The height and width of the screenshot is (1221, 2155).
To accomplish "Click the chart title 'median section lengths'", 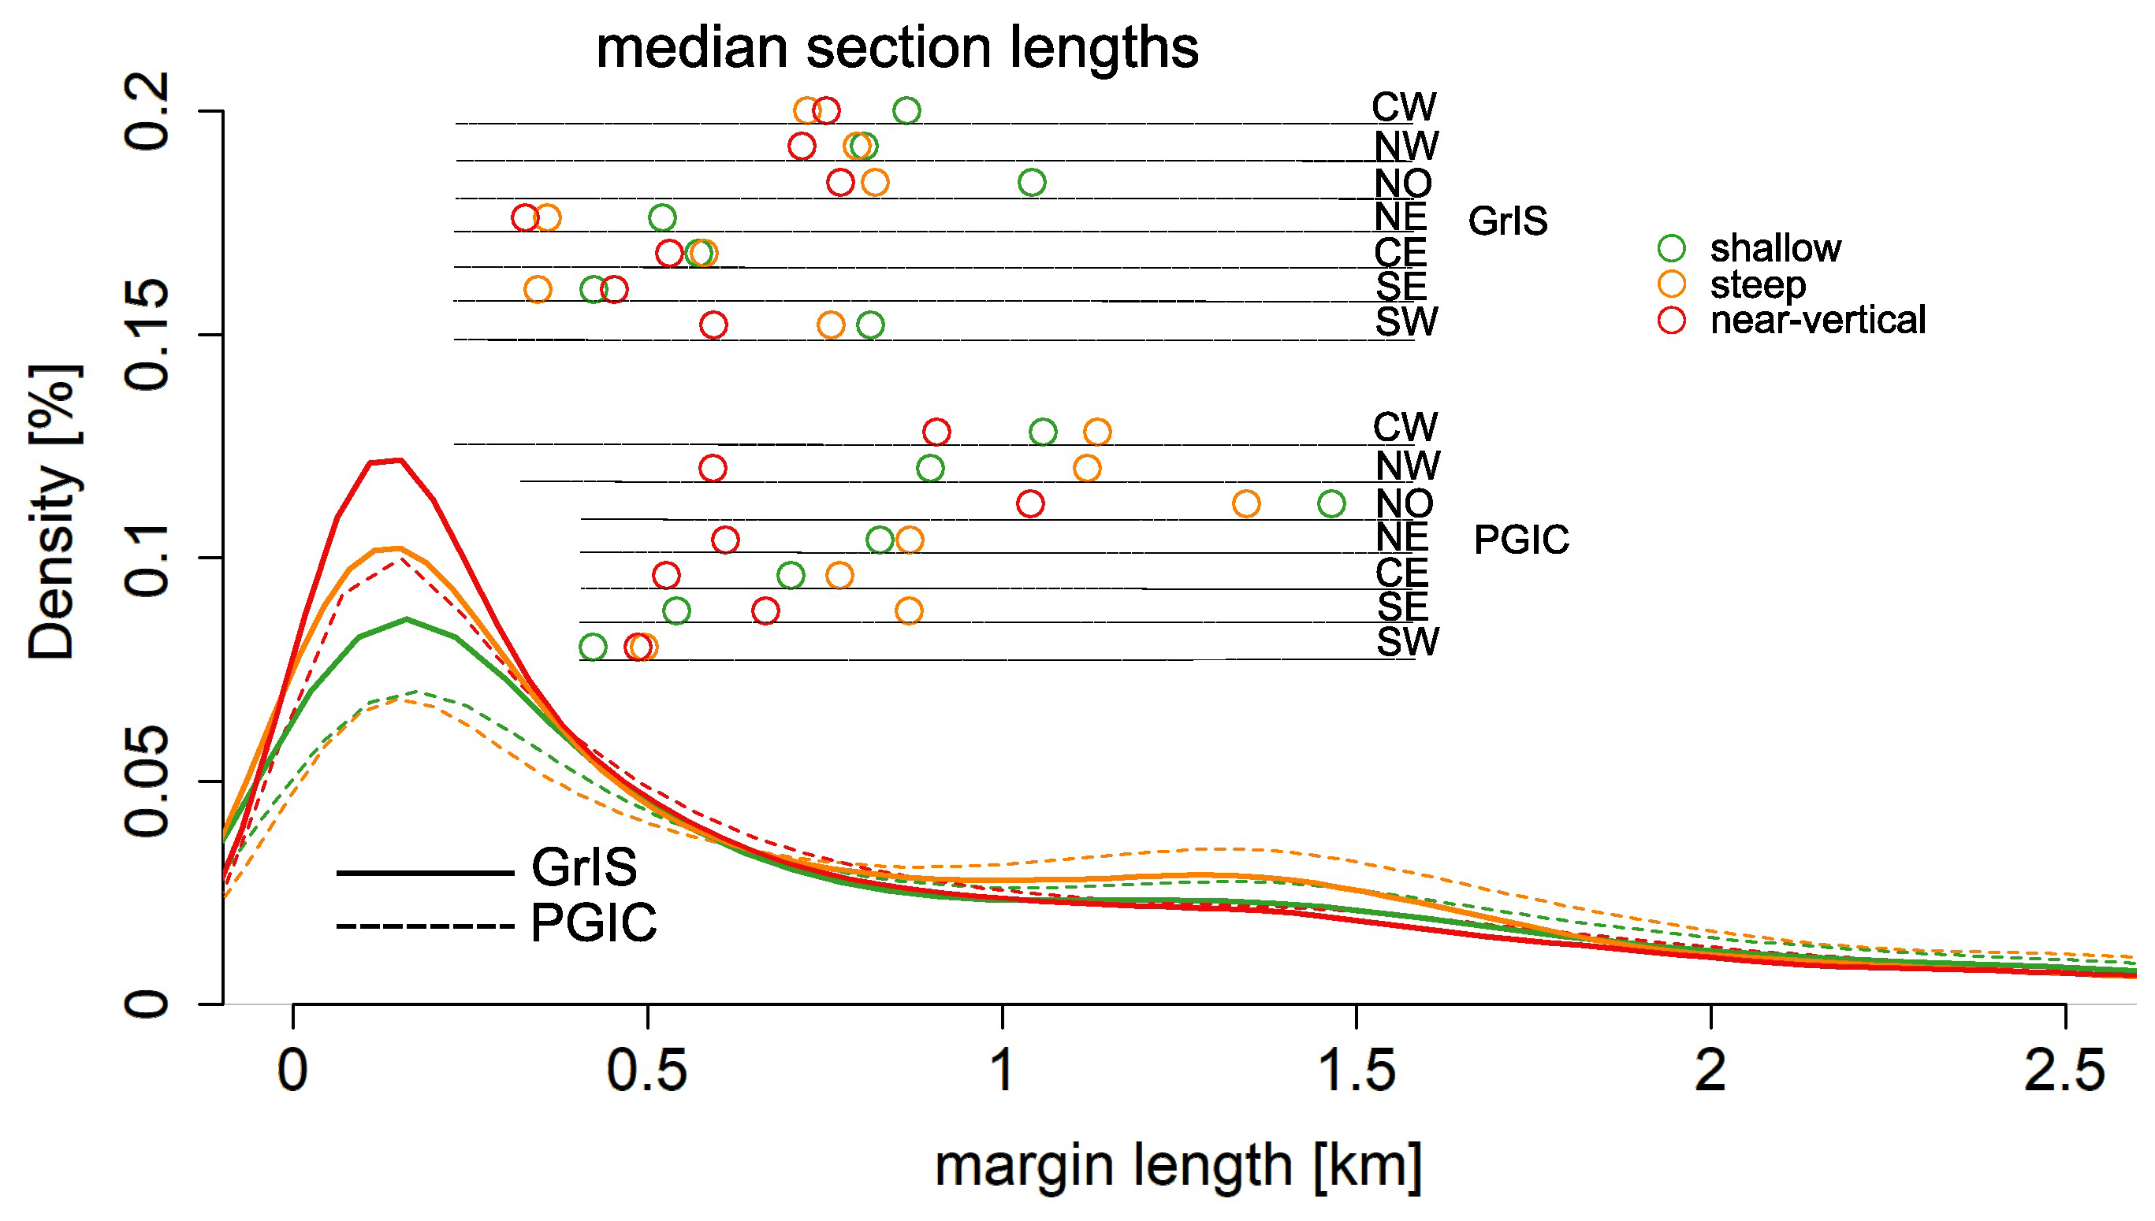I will (897, 49).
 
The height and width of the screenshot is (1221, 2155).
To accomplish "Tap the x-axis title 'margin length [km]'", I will (1178, 1166).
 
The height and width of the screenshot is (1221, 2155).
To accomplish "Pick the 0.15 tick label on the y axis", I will (147, 336).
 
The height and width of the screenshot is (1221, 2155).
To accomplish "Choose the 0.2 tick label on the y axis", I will (147, 112).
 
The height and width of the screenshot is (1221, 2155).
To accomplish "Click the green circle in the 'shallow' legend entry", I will (1672, 248).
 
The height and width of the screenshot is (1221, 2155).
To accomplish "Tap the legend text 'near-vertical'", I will (1818, 321).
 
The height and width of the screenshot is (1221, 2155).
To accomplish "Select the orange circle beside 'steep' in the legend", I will (1672, 284).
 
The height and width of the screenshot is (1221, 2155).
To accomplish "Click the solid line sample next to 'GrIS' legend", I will (424, 873).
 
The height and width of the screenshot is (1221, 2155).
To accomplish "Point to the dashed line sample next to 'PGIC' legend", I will (424, 926).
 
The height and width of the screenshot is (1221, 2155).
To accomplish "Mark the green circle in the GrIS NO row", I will (1032, 182).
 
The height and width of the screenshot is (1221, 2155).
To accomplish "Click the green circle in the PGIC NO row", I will (1331, 503).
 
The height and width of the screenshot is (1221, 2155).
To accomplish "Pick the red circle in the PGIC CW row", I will (936, 432).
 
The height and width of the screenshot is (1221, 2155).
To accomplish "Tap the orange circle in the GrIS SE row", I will (538, 289).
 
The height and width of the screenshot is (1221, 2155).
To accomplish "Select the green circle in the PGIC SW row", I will (593, 647).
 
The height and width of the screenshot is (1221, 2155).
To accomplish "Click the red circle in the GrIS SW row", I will (713, 325).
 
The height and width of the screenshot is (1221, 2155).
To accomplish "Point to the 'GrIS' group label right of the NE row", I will (1507, 221).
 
